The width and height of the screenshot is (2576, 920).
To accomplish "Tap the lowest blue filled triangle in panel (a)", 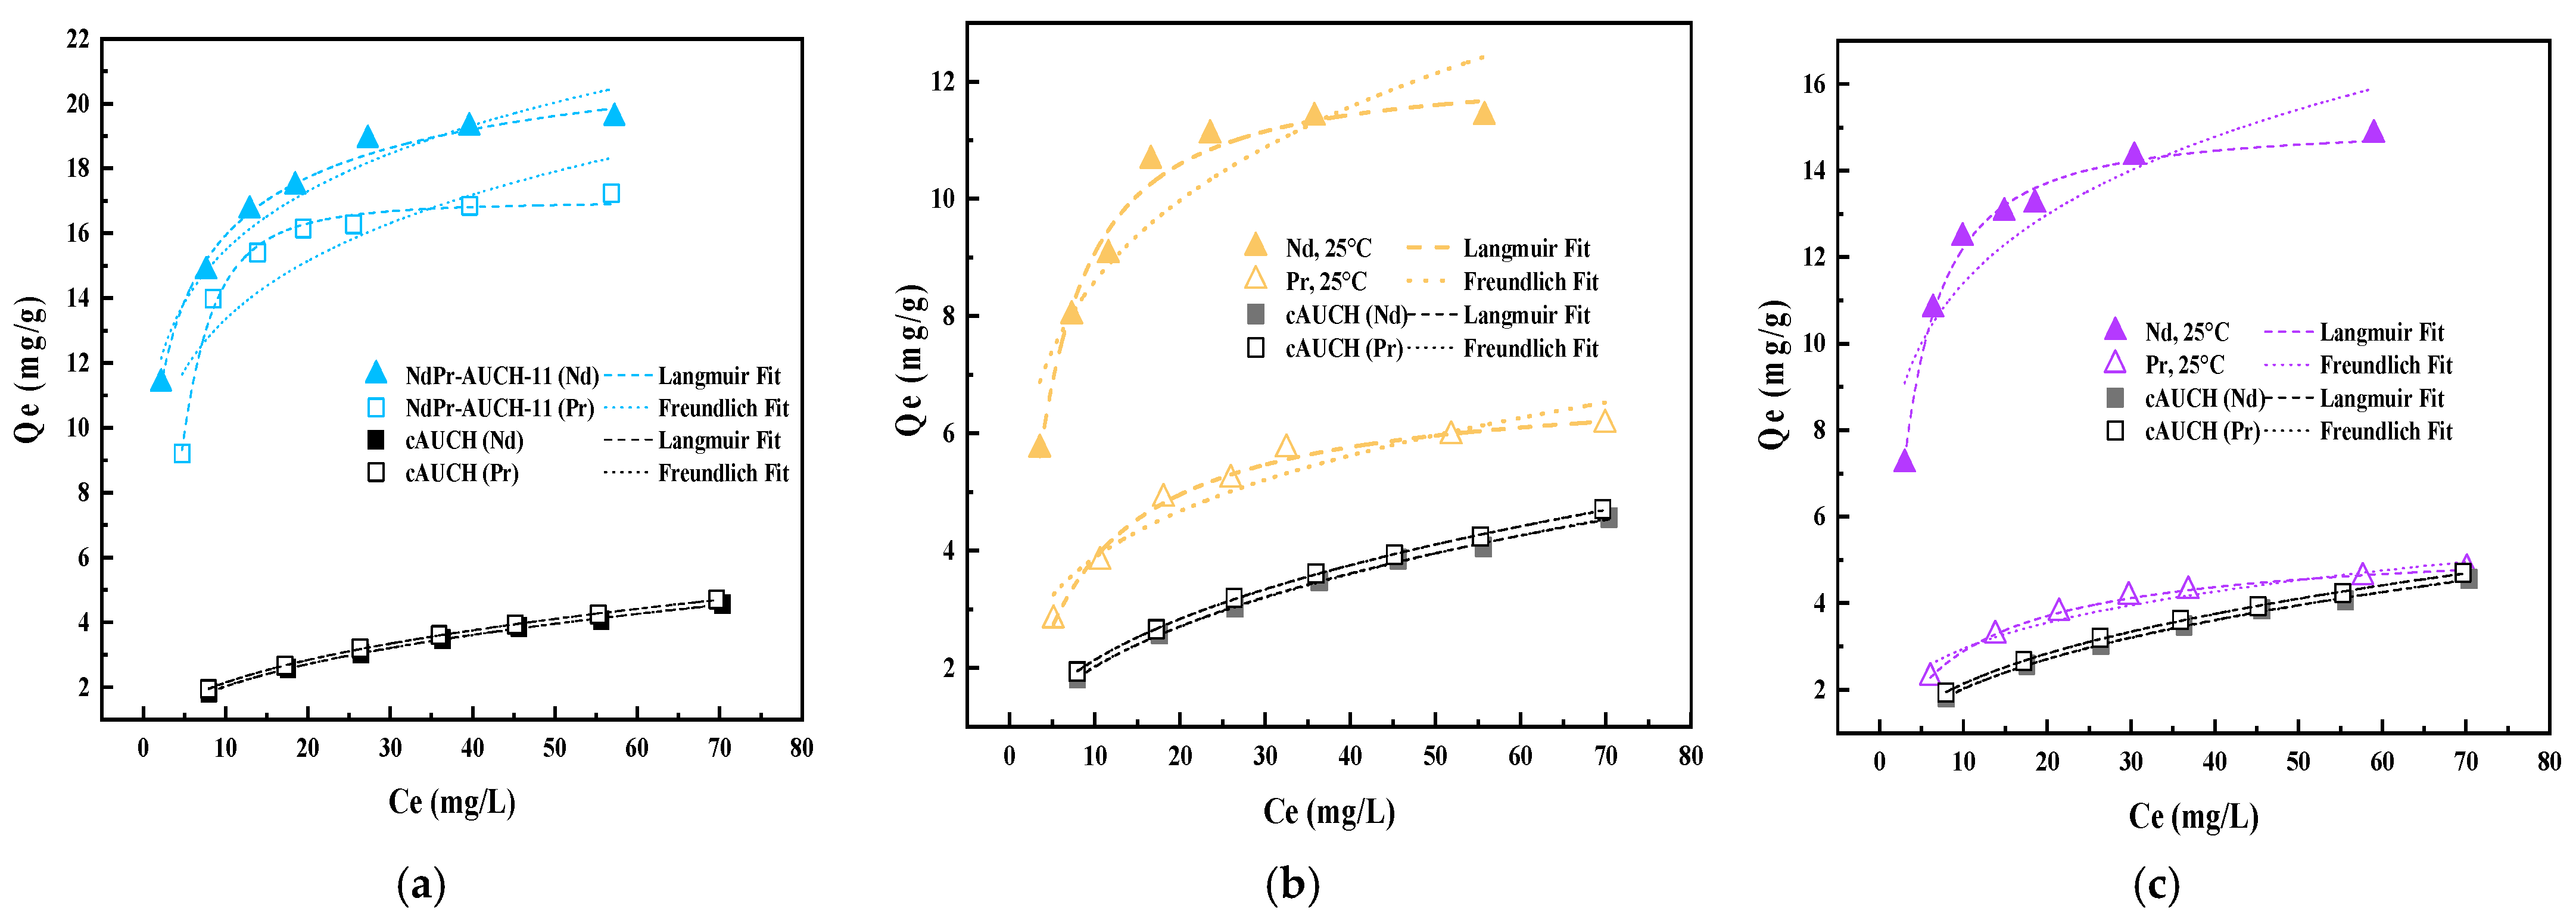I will tap(161, 381).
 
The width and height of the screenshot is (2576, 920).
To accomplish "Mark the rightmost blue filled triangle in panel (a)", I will tap(614, 115).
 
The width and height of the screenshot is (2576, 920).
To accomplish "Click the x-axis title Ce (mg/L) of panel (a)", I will tap(452, 802).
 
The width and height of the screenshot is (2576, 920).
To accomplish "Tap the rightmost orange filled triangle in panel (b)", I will tap(1484, 113).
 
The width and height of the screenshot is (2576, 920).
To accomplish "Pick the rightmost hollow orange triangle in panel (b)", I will tap(1604, 422).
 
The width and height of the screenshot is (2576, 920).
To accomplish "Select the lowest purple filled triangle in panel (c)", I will tap(1904, 461).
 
